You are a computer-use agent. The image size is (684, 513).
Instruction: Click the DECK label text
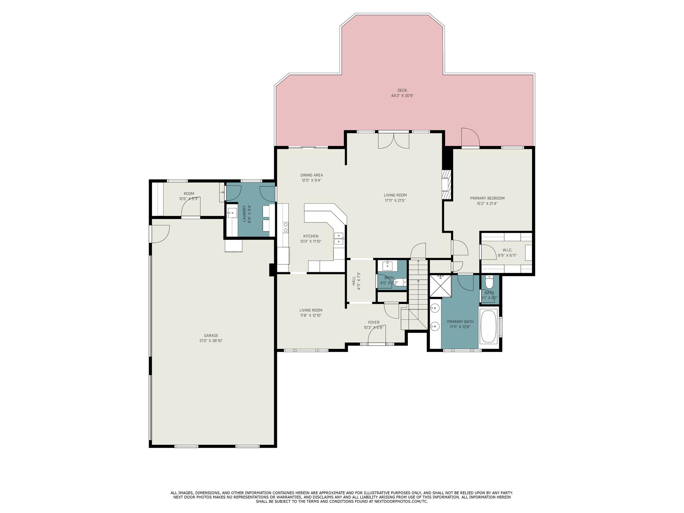point(402,90)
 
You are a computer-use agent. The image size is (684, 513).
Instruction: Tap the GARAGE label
point(211,336)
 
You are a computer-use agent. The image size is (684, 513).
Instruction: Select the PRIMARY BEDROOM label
point(487,198)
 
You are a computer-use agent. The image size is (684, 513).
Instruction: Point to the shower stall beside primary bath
point(440,286)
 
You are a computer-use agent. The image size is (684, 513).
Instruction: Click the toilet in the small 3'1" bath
point(489,282)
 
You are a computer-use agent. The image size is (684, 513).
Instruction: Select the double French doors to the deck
point(393,141)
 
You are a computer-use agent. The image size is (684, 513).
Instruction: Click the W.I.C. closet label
point(507,250)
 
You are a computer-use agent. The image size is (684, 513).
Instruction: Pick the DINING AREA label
point(312,175)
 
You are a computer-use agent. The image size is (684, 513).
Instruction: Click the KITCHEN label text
point(311,236)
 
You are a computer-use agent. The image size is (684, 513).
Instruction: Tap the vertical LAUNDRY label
point(244,213)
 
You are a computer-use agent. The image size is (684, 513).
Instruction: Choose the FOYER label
point(374,322)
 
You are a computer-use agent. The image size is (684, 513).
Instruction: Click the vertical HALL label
point(354,281)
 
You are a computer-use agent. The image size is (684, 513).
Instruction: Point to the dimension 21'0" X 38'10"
point(211,341)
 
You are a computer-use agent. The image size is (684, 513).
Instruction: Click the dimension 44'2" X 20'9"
point(402,96)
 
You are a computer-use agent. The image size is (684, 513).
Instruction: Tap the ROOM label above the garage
point(189,194)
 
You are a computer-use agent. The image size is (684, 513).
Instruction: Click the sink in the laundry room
point(232,212)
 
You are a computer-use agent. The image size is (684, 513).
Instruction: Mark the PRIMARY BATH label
point(460,322)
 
